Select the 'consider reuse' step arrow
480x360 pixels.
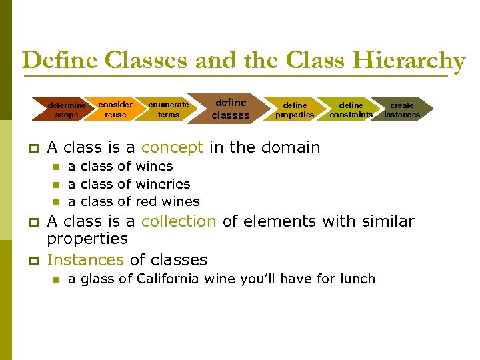pos(115,109)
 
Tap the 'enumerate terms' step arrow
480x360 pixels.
pos(169,109)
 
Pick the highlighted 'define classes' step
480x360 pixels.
pos(230,109)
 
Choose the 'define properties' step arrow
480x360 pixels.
pos(295,109)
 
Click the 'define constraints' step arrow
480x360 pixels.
pos(351,109)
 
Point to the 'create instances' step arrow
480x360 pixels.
pos(402,109)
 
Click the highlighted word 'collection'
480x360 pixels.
pos(179,221)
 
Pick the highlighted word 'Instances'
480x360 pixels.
pos(85,260)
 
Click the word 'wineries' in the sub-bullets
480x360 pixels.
pos(163,184)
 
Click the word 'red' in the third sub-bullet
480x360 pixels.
pos(147,201)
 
